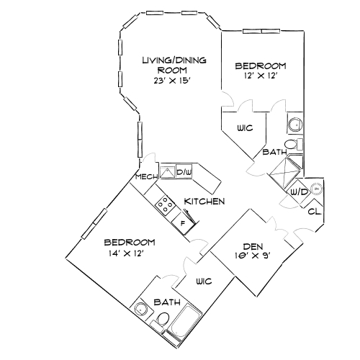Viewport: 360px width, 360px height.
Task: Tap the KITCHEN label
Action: pos(204,201)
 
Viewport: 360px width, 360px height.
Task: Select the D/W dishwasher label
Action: pos(184,171)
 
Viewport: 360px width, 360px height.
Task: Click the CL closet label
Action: pos(313,212)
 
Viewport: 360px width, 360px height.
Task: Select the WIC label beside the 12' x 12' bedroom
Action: pos(244,129)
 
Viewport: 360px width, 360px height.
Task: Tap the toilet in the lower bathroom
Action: pos(163,319)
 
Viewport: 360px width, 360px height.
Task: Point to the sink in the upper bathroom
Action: pos(294,125)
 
